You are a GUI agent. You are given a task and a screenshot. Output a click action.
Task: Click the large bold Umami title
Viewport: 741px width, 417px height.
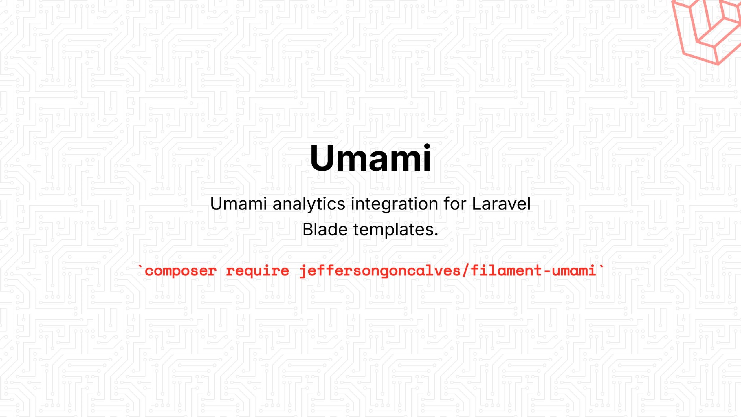(370, 158)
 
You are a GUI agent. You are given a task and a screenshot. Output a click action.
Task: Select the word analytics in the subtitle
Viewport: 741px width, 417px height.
(309, 204)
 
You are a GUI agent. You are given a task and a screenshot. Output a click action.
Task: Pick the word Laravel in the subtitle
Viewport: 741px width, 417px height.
(501, 204)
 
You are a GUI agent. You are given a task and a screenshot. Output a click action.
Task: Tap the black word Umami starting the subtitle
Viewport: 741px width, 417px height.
(238, 204)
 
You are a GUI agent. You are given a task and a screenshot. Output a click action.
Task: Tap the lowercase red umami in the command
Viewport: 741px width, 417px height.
(574, 271)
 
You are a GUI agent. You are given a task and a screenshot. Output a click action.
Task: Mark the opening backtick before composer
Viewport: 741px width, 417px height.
(140, 267)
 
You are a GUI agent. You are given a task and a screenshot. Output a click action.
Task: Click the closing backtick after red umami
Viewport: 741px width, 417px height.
(601, 267)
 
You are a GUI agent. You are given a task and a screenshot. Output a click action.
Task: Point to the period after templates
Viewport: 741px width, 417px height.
(436, 235)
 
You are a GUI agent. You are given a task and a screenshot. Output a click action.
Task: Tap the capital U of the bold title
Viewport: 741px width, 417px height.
(322, 158)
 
